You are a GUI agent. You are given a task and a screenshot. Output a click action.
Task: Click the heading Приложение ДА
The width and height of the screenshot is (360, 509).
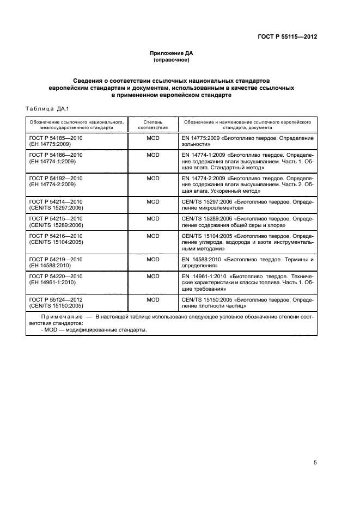[x=172, y=53]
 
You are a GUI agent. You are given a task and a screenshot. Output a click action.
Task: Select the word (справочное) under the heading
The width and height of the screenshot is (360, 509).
[x=172, y=60]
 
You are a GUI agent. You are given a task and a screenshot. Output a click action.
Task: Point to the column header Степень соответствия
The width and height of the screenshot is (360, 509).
[x=153, y=124]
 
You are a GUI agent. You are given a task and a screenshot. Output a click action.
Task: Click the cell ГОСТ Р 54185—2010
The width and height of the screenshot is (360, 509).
[x=52, y=139]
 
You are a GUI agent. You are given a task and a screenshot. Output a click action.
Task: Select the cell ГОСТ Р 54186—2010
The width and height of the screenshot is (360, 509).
[x=52, y=155]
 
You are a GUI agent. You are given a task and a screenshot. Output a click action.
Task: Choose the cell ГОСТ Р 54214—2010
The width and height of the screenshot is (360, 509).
[x=52, y=202]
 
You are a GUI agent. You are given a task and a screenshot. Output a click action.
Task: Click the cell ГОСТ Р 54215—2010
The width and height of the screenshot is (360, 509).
[x=52, y=218]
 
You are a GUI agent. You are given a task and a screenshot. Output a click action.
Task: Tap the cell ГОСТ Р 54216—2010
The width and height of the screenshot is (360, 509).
[x=52, y=236]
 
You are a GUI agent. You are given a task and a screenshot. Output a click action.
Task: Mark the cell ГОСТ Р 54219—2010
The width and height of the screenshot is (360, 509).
[x=52, y=260]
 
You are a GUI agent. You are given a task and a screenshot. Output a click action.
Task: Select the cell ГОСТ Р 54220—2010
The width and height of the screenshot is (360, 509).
[x=52, y=277]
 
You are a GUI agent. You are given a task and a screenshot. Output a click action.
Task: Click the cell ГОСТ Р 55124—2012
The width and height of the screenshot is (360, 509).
[x=52, y=299]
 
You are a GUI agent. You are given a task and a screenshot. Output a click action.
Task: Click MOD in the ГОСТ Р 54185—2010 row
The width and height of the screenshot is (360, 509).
[x=153, y=139]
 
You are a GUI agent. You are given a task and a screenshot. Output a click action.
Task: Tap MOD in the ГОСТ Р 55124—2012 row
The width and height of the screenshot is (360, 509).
[x=153, y=299]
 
